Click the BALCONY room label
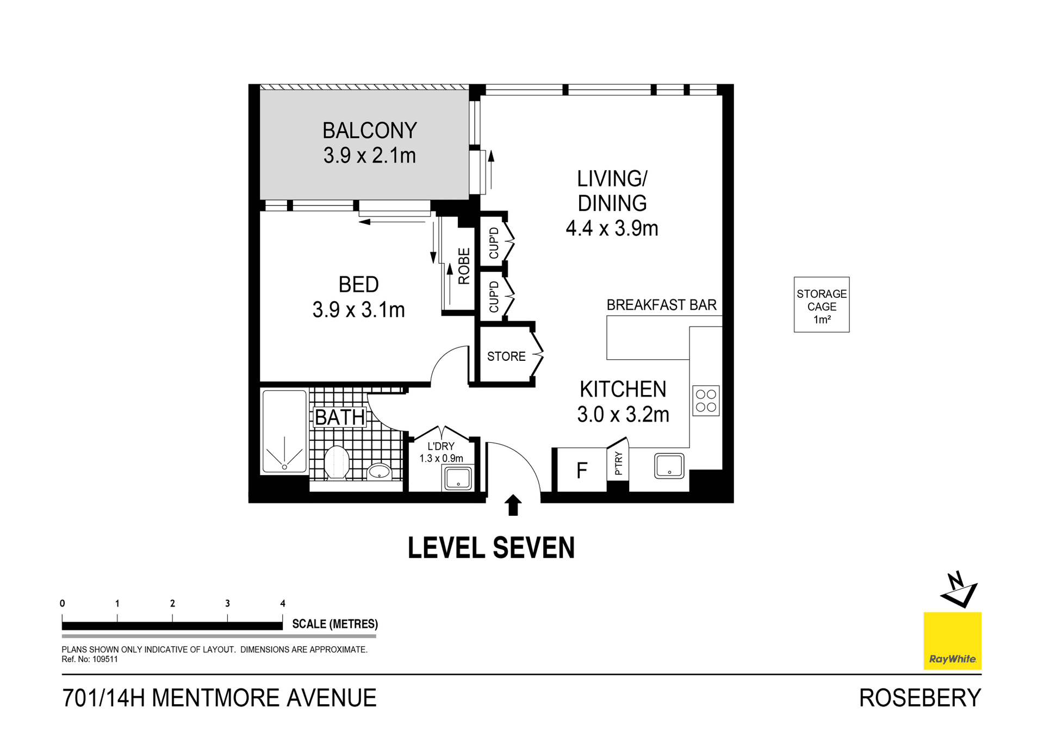point(369,130)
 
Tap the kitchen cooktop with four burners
point(706,401)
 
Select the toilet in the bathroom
point(337,462)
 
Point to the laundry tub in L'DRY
point(458,478)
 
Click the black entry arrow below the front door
point(513,505)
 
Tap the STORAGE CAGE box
point(821,305)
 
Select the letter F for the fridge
point(581,471)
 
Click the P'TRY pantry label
point(618,464)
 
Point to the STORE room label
point(506,357)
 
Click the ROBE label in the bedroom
point(464,266)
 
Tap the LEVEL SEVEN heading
point(491,548)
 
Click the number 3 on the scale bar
point(227,603)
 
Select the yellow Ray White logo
point(952,641)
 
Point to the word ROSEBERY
point(919,698)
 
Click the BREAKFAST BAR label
point(661,305)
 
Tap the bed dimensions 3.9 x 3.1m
point(358,310)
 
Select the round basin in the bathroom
point(379,471)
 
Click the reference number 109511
point(105,659)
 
